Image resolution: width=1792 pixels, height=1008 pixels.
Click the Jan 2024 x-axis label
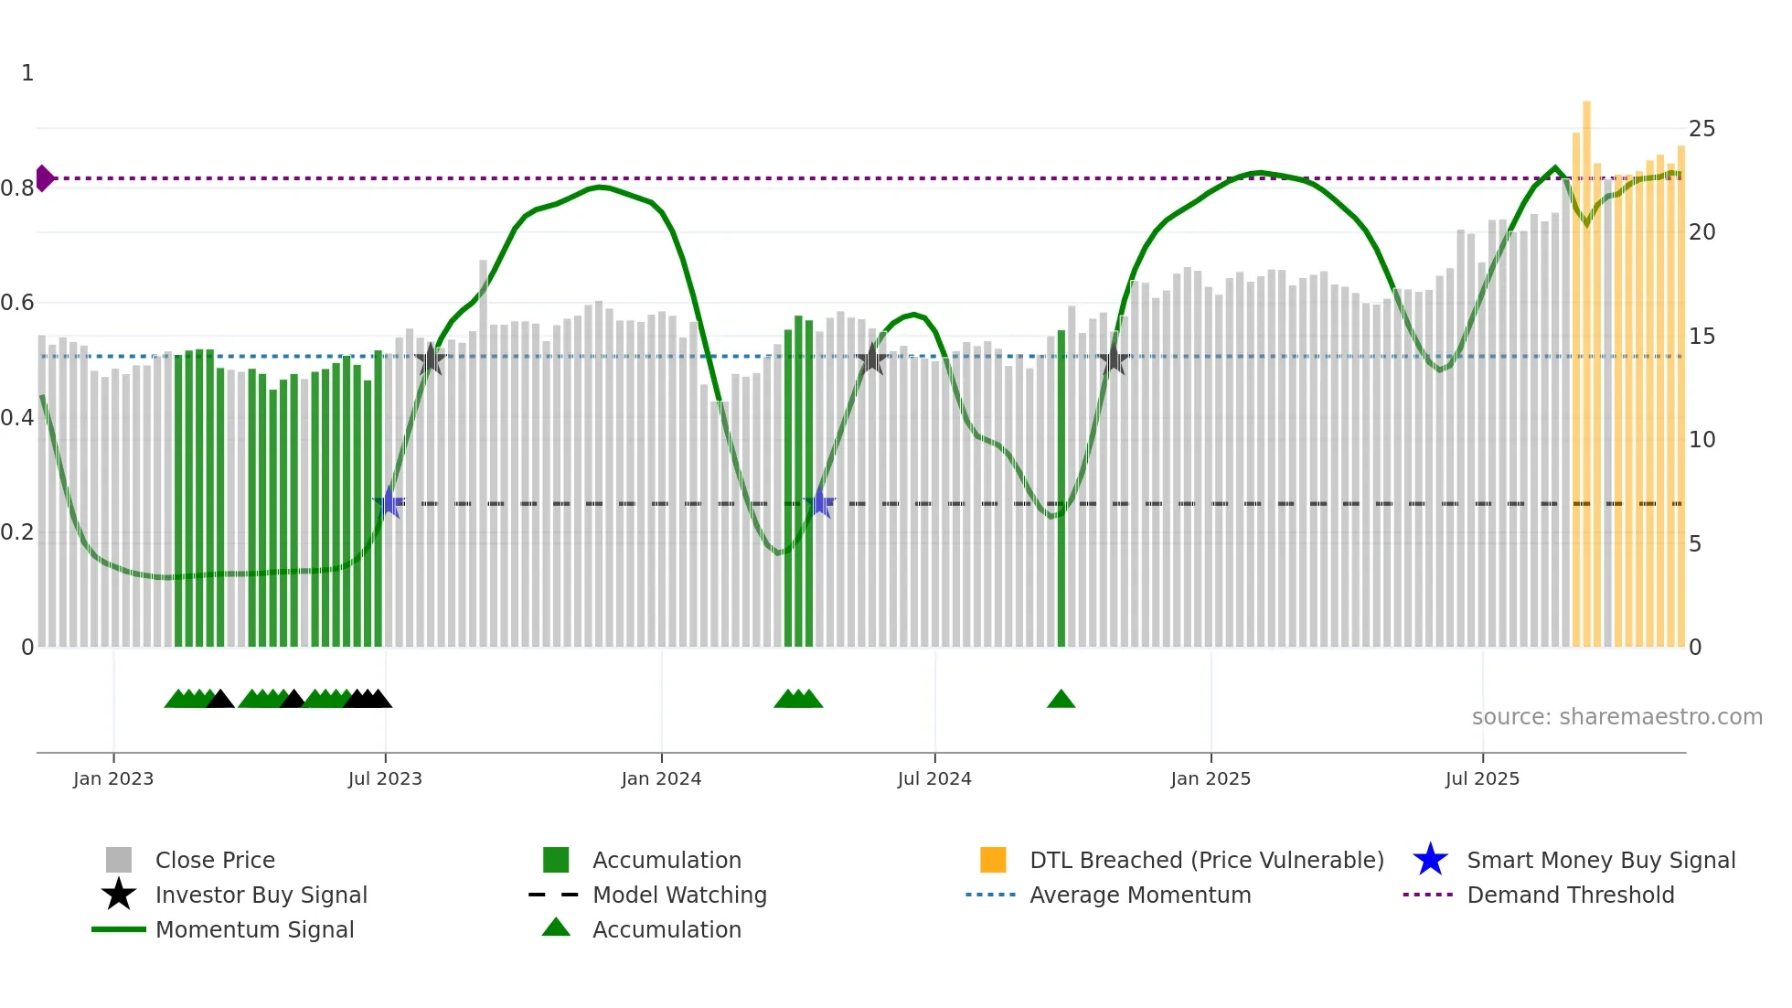click(661, 779)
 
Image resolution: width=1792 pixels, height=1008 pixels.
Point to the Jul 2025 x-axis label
click(1482, 779)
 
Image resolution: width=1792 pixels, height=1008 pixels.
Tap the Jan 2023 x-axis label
click(113, 779)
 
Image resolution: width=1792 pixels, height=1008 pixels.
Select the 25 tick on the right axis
click(1701, 129)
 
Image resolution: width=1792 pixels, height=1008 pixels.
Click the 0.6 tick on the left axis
click(17, 303)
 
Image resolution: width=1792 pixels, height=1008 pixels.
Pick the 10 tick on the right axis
click(1701, 440)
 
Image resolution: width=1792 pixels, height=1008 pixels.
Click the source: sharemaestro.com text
click(1616, 717)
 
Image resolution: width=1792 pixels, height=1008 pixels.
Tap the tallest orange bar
click(1586, 366)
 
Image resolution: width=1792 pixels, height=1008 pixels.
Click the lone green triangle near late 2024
click(1061, 700)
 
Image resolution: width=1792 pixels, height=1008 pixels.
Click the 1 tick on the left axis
click(27, 73)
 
